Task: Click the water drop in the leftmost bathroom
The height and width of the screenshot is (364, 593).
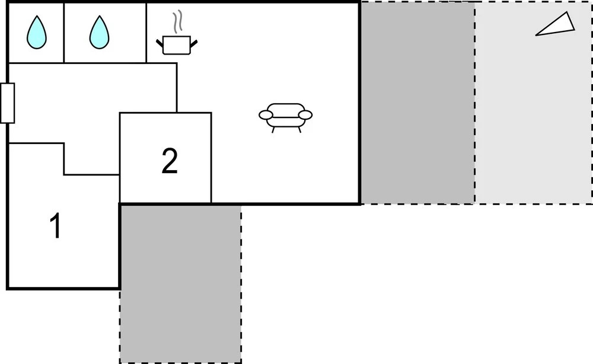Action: coord(37,33)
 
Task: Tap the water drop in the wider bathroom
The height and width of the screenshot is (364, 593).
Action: coord(99,33)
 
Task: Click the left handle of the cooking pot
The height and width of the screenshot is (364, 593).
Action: coord(160,42)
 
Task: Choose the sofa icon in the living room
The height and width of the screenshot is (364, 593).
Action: coord(286,118)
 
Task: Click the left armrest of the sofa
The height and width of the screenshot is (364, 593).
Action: coord(266,114)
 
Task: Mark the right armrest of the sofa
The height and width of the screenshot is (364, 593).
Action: coord(305,114)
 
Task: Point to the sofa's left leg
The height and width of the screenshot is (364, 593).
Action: coord(273,130)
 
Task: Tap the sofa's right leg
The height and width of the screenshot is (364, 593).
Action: coord(299,130)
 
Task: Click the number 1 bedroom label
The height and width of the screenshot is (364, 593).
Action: coord(56,226)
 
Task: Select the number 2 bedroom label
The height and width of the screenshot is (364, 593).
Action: coord(170,161)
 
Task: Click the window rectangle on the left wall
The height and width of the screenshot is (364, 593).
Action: coord(7,103)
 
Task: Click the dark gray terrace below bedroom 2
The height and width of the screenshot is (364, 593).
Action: coord(181,284)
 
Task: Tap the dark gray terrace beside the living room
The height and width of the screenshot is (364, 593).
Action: coord(417,103)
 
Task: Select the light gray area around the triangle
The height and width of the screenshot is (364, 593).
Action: coord(533,113)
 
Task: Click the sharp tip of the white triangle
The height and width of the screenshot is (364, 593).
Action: coord(536,36)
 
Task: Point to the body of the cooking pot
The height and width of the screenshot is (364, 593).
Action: coord(177,46)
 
